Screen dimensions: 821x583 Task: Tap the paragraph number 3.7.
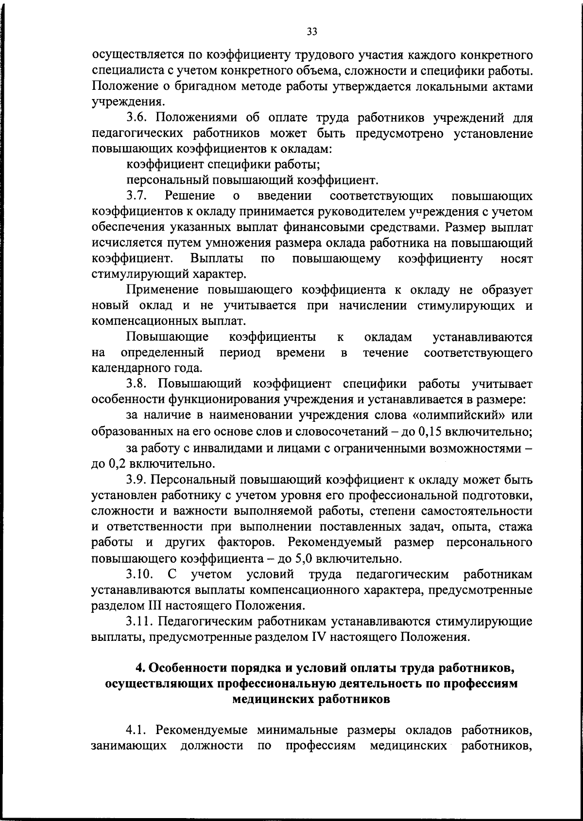(137, 196)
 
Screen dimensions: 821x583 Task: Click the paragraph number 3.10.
(140, 574)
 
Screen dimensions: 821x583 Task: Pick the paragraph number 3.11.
(140, 621)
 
